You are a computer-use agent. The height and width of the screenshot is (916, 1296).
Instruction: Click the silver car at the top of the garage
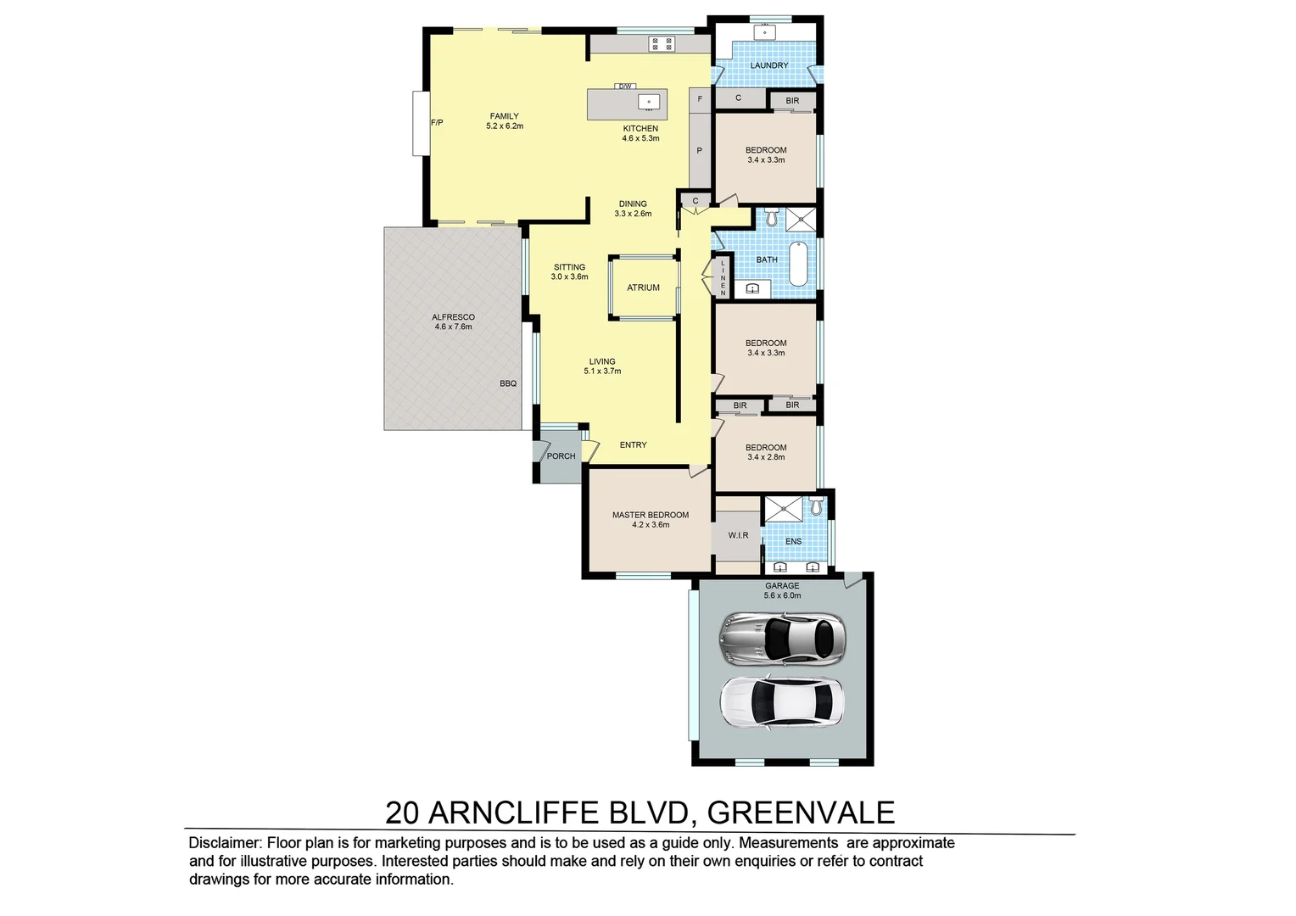click(x=781, y=639)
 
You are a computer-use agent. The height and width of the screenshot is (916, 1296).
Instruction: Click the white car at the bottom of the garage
click(x=781, y=701)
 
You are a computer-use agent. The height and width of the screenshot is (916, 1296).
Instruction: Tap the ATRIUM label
click(x=643, y=288)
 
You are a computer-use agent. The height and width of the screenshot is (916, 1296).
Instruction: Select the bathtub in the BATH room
click(x=799, y=264)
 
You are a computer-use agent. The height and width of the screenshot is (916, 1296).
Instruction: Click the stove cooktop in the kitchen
click(x=662, y=43)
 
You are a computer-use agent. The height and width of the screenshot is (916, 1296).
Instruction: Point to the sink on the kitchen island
click(x=649, y=103)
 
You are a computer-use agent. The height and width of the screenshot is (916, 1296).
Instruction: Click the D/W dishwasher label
click(x=625, y=87)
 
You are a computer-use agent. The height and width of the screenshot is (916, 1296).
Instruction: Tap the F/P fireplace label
click(x=437, y=123)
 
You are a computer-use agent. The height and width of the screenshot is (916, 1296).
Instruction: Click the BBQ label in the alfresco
click(x=508, y=383)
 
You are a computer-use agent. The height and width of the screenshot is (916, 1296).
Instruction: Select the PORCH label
click(x=561, y=456)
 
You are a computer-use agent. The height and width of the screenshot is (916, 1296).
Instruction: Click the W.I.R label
click(x=738, y=535)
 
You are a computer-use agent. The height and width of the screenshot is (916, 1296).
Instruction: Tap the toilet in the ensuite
click(x=816, y=507)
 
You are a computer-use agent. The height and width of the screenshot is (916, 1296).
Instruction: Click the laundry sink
click(x=765, y=33)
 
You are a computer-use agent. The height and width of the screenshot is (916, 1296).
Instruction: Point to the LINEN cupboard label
click(x=723, y=278)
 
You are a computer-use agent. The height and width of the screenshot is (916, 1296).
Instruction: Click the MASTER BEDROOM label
click(x=651, y=515)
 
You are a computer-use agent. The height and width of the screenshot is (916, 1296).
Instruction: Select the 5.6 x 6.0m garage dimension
click(x=782, y=595)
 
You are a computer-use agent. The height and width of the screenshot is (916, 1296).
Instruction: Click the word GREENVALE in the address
click(x=801, y=813)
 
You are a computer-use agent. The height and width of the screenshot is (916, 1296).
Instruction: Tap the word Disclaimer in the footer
click(x=224, y=843)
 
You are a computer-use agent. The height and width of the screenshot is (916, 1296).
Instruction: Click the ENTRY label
click(x=633, y=444)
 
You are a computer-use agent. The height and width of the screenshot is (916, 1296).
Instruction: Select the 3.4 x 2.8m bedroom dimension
click(x=766, y=457)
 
